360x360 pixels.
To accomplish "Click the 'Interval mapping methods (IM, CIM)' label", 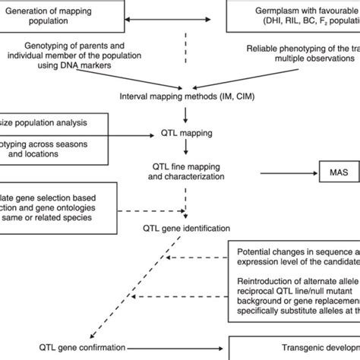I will click(x=185, y=96).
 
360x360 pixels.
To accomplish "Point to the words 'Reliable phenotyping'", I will click(x=283, y=48).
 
